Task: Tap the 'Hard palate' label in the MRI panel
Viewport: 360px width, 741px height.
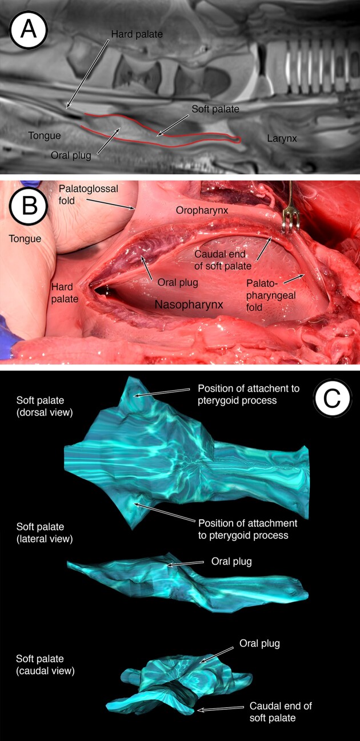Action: pos(137,34)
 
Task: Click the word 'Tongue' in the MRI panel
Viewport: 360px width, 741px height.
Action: pos(45,135)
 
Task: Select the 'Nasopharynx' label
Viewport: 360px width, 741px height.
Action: pos(189,306)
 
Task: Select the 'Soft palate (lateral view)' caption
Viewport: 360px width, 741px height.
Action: pos(45,532)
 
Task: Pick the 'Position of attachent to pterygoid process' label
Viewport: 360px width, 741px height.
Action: pos(249,394)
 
